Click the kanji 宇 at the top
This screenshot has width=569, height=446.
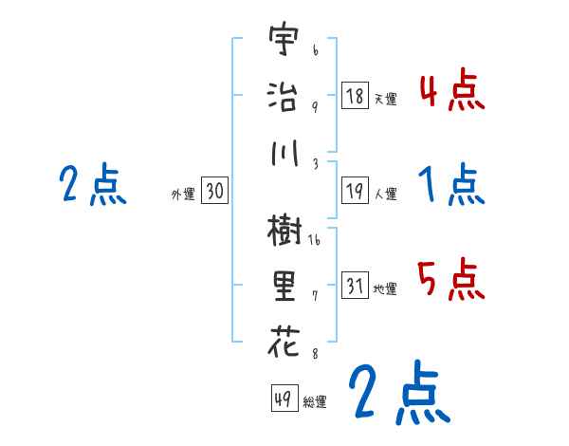pyautogui.click(x=281, y=43)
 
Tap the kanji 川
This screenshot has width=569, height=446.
pyautogui.click(x=282, y=151)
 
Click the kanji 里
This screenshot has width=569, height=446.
pyautogui.click(x=282, y=285)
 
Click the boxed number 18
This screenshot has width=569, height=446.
pyautogui.click(x=355, y=96)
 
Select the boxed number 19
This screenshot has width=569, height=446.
pyautogui.click(x=355, y=191)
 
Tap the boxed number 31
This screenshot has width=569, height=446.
pyautogui.click(x=355, y=286)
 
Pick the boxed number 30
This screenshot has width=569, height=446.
pyautogui.click(x=214, y=192)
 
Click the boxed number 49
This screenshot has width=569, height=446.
pyautogui.click(x=283, y=400)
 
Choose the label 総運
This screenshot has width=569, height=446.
pyautogui.click(x=315, y=402)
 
